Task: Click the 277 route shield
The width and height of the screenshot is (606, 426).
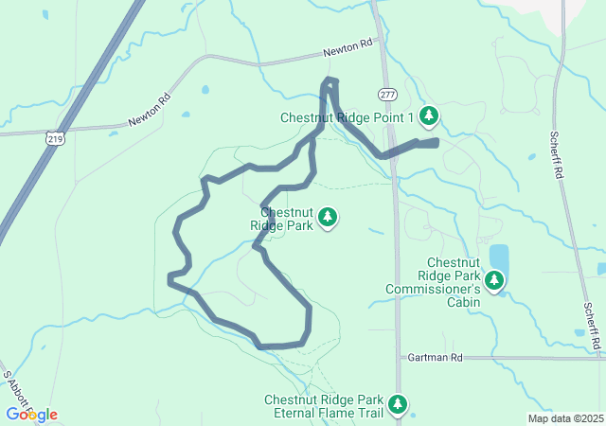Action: (x=386, y=95)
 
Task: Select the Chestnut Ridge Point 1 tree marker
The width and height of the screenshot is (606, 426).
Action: (x=430, y=116)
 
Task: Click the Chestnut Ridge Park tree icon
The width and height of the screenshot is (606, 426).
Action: (x=328, y=218)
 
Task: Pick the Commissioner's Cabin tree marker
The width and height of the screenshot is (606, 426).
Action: (x=493, y=280)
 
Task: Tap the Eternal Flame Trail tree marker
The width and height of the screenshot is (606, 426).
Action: (x=399, y=405)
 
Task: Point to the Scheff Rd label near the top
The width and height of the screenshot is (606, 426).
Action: (x=556, y=155)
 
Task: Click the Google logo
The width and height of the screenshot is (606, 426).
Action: (x=31, y=415)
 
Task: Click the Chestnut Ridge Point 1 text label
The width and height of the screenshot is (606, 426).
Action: (x=348, y=117)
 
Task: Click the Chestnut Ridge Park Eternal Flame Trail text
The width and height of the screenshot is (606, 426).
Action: (x=327, y=406)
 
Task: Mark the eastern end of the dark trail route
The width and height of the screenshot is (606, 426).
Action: (x=437, y=142)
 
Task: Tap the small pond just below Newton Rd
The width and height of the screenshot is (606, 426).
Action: (x=205, y=91)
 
